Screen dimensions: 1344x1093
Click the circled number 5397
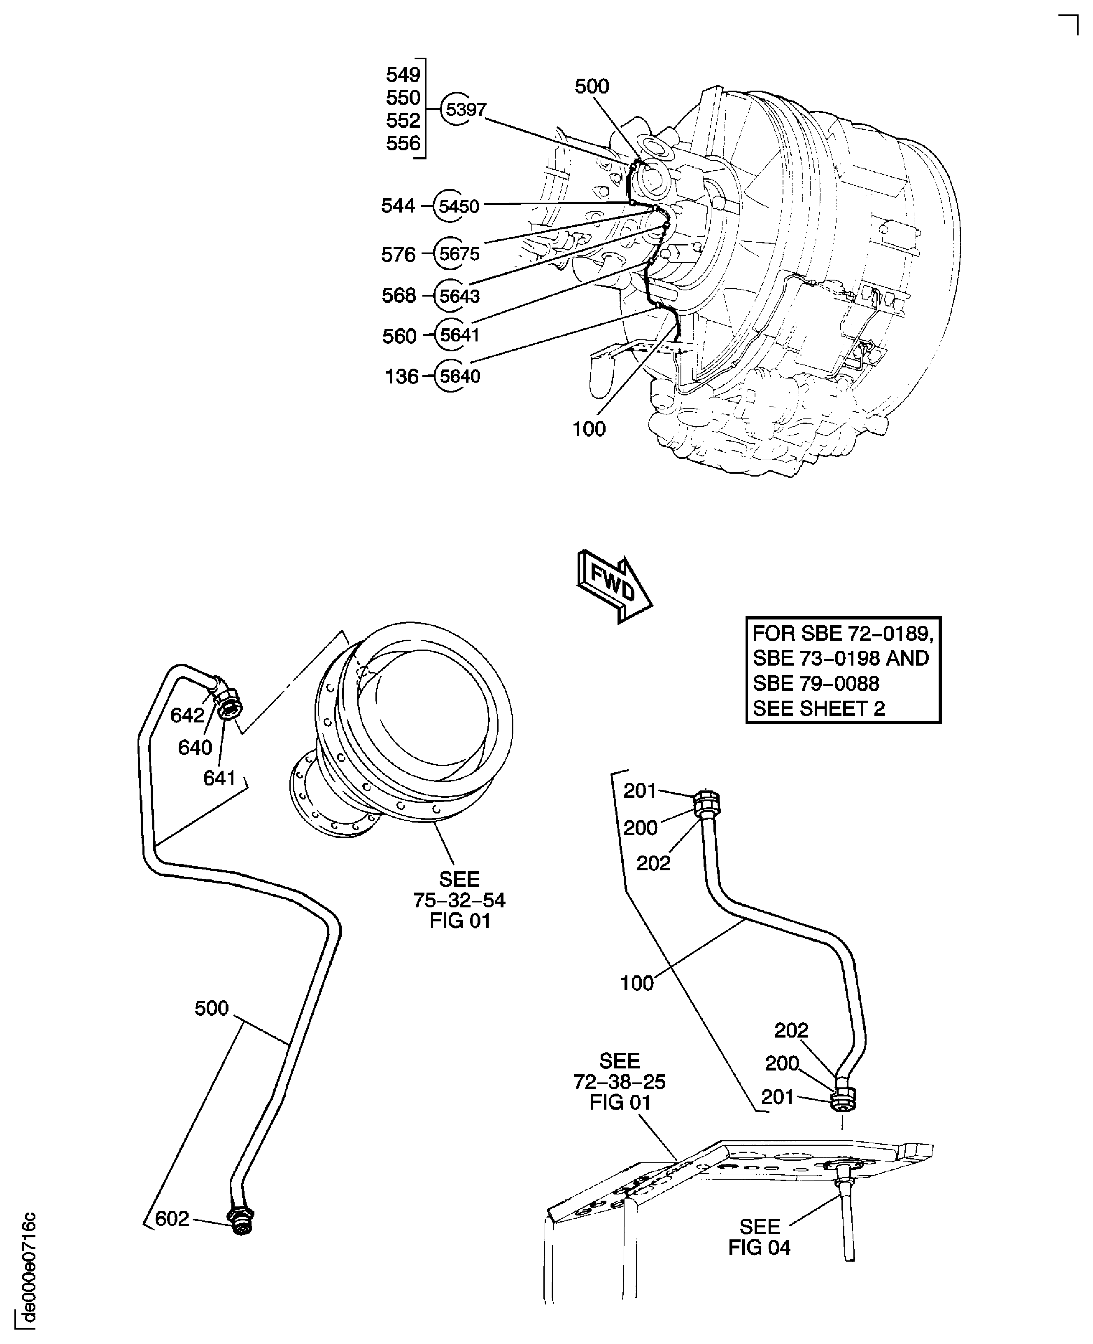coord(465,110)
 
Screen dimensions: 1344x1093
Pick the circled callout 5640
coord(459,376)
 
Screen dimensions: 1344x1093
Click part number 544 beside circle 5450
coord(398,205)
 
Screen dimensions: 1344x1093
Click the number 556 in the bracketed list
coord(403,144)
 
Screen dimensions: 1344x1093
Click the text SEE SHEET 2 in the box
coord(818,708)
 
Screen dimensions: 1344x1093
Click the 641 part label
coord(219,778)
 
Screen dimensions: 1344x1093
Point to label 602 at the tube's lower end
coord(172,1219)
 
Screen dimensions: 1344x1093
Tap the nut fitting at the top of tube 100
coord(706,803)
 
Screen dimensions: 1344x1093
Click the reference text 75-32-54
coord(459,900)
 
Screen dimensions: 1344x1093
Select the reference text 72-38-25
coord(620,1081)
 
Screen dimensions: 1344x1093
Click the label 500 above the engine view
coord(592,86)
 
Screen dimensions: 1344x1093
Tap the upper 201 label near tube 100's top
coord(640,790)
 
